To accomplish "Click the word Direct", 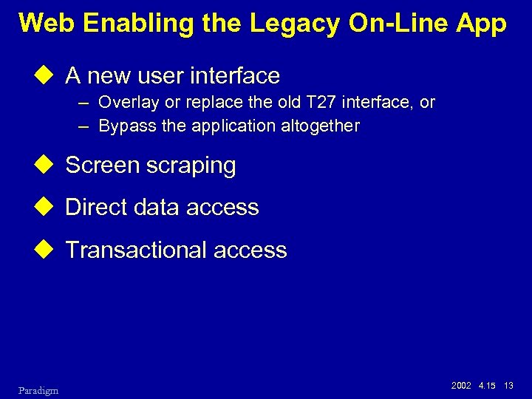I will click(x=95, y=208).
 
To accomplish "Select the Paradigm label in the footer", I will click(x=38, y=389).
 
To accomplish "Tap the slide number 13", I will click(x=508, y=386).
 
